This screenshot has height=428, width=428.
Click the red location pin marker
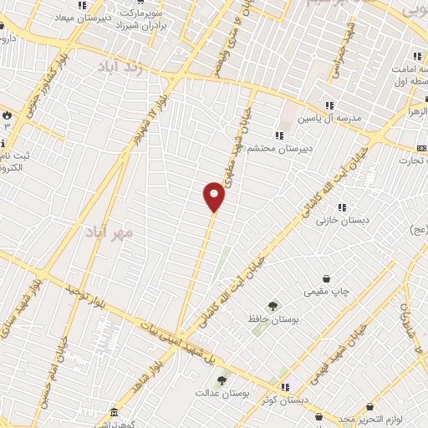point(214,196)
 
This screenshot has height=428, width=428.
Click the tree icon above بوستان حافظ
point(271,306)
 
